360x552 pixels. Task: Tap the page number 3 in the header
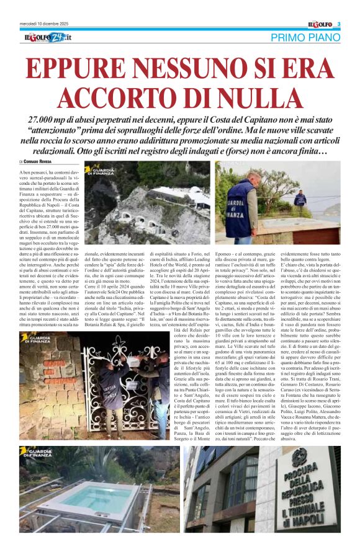pos(339,24)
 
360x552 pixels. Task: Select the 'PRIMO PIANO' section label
pos(305,38)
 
